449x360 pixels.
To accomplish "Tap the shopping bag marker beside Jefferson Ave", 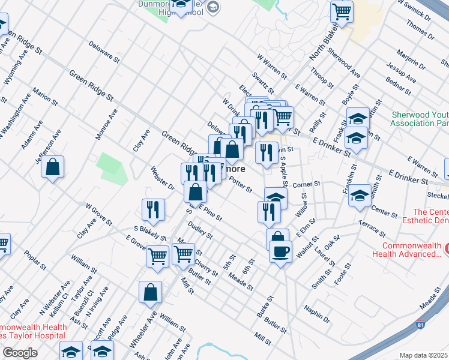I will tap(53, 167).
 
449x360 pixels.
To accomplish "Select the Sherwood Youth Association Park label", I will tap(420, 118).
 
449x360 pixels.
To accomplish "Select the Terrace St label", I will tap(371, 227).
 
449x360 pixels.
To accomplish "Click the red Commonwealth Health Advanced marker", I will tap(445, 248).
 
